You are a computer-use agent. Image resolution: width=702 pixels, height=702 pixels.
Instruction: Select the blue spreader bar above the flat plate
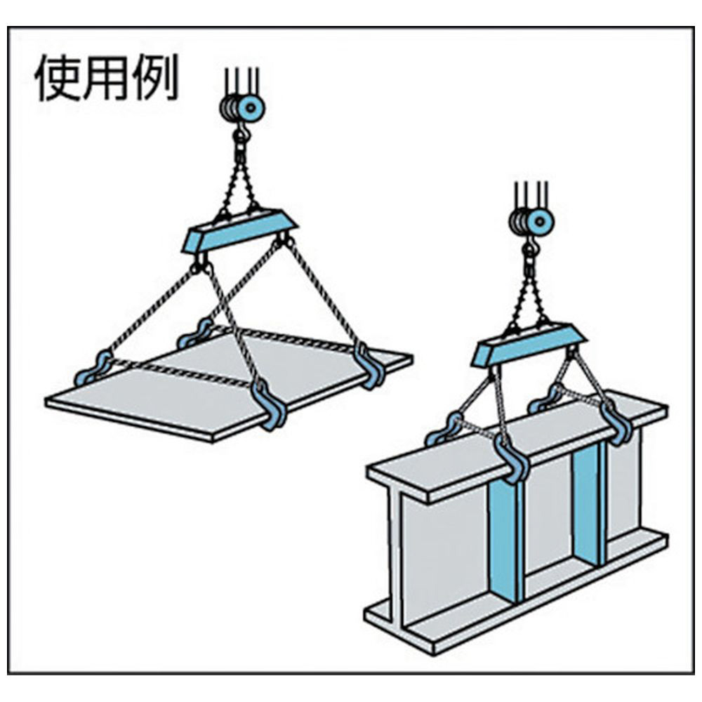point(239,230)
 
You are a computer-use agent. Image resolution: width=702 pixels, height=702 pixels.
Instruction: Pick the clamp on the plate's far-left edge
point(93,368)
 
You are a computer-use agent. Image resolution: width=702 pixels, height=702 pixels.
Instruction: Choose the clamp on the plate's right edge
point(369,364)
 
